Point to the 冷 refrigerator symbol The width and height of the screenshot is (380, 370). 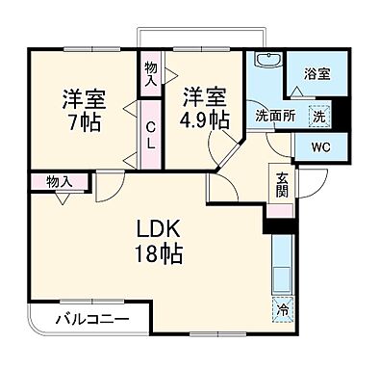[282, 310]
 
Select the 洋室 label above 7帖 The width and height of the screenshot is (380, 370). [85, 97]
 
